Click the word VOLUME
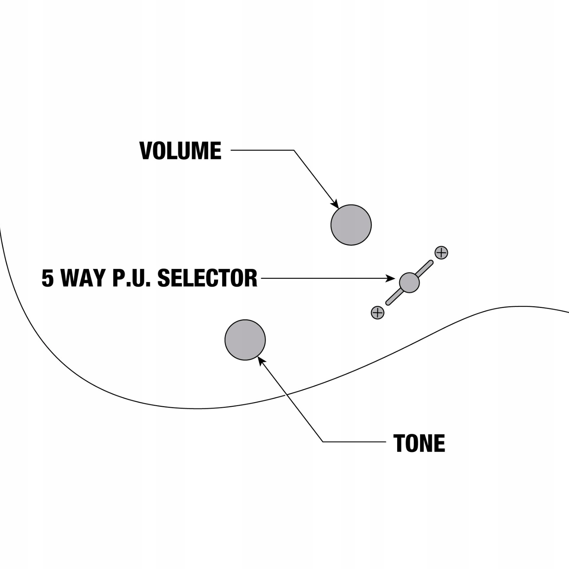(180, 151)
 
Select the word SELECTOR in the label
(207, 278)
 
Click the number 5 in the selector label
(48, 278)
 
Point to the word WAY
(83, 278)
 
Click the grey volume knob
(351, 225)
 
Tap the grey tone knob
(245, 340)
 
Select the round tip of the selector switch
(409, 283)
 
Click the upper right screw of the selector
(441, 253)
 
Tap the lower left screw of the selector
(377, 313)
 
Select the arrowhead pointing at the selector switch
(391, 278)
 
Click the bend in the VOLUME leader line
(294, 150)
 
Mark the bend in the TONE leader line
(323, 442)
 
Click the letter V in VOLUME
(146, 151)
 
